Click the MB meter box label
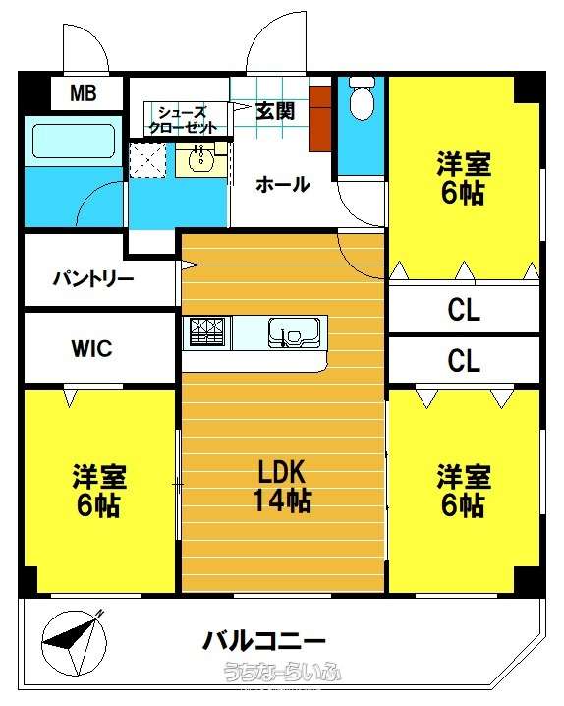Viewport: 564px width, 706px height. [84, 93]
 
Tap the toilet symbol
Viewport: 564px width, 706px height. [362, 97]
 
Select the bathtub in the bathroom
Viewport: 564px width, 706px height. [74, 142]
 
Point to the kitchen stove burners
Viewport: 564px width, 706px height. [206, 331]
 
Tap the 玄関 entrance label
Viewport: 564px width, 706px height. [275, 111]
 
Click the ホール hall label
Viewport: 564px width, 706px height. [283, 184]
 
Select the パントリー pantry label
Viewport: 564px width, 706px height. [93, 279]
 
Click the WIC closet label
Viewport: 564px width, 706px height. [92, 348]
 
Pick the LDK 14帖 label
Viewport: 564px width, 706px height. [282, 486]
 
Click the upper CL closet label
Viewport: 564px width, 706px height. [464, 310]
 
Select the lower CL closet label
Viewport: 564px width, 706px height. [464, 360]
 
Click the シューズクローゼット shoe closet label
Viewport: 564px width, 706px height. [183, 120]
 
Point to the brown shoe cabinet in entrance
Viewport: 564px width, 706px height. [320, 118]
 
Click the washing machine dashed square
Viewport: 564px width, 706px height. [147, 160]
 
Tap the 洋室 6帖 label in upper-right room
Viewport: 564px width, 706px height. [463, 178]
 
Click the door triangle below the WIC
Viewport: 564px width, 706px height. [69, 397]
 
